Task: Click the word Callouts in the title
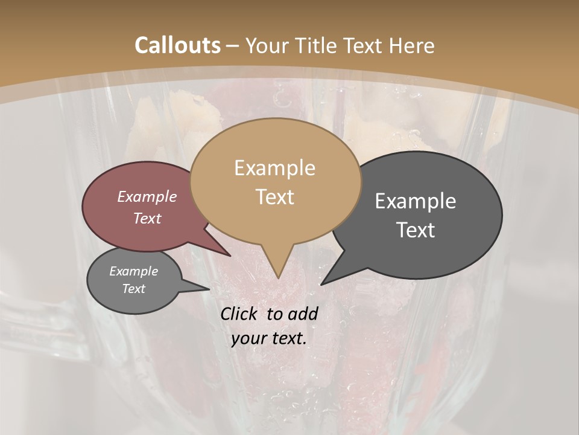point(177,45)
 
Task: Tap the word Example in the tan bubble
point(274,168)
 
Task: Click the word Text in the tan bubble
point(274,197)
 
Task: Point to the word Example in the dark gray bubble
point(416,201)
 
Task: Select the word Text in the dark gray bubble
point(416,230)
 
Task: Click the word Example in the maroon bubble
point(147,196)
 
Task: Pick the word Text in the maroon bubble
point(147,218)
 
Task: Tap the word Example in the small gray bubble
point(134,271)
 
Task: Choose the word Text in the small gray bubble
point(134,289)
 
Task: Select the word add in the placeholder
point(302,314)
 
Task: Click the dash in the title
point(233,46)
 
